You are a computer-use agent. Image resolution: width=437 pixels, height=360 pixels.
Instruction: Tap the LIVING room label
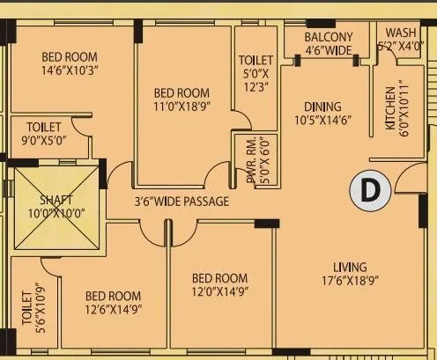[x=351, y=267]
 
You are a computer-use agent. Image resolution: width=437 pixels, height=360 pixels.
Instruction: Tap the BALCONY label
[x=329, y=37]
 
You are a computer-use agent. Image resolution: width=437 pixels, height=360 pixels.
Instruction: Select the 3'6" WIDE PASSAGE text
[x=182, y=202]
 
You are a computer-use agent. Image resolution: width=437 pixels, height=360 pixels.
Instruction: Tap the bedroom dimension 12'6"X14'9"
[x=113, y=308]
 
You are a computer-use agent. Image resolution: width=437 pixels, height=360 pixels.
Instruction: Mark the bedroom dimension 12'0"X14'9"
[x=221, y=290]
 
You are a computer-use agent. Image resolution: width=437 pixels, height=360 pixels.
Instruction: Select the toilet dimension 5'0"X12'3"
[x=256, y=79]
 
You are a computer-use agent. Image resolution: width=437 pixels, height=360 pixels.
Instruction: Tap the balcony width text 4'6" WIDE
[x=329, y=50]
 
